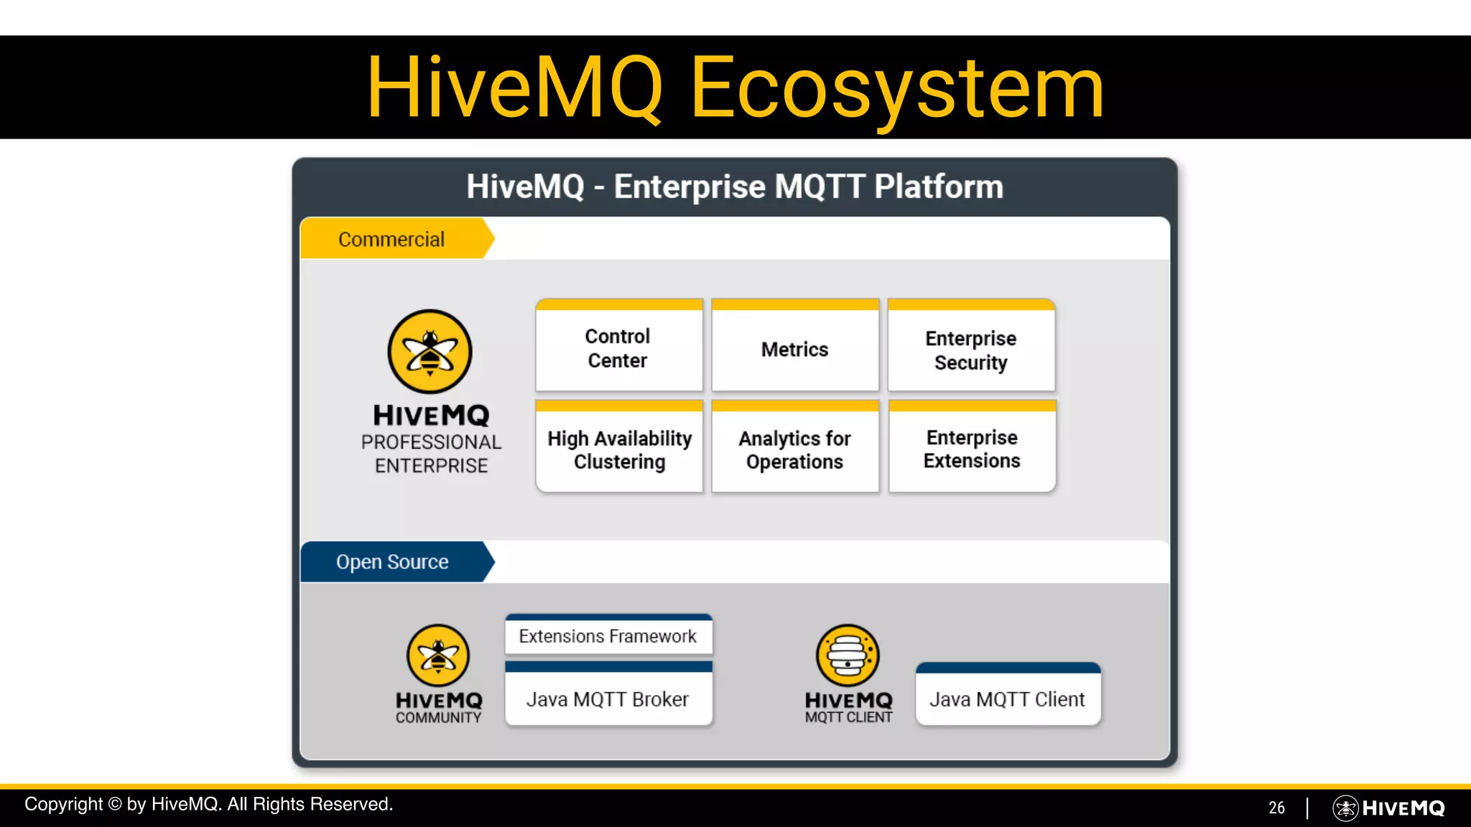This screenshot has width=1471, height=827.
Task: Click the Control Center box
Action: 618,348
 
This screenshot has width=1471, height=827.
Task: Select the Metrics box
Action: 794,349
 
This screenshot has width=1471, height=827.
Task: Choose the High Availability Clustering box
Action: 619,449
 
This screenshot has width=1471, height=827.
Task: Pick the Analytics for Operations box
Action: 794,449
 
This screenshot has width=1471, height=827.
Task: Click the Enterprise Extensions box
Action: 972,449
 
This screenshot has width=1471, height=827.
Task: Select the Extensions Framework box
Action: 608,636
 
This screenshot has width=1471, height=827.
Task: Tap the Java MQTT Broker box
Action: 608,698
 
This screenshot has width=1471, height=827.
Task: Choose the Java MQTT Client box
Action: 1007,698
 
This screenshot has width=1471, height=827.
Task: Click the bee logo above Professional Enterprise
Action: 430,352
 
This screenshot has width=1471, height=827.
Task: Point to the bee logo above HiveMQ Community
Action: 438,655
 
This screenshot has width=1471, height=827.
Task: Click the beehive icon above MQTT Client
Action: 848,655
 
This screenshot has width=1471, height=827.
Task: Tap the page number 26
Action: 1276,808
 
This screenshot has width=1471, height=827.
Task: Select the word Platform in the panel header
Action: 938,187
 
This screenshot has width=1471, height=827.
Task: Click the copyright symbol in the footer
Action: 114,804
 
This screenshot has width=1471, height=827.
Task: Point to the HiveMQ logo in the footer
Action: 1389,808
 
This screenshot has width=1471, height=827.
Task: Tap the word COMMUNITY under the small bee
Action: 438,718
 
